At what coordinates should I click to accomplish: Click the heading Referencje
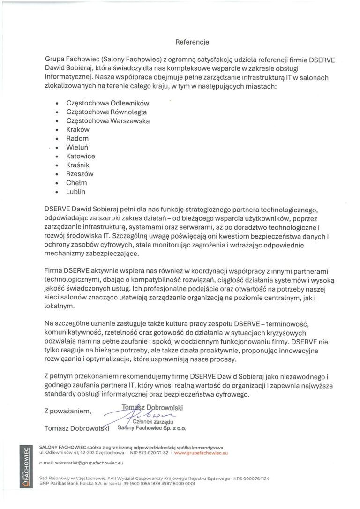192,42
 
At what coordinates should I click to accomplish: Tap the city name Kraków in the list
78,130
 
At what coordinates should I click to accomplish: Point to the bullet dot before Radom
57,139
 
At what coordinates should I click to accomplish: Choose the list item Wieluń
77,148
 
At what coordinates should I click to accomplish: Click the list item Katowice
81,156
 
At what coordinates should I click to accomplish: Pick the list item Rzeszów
80,174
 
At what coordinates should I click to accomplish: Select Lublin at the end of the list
76,192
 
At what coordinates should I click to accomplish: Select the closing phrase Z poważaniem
67,411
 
